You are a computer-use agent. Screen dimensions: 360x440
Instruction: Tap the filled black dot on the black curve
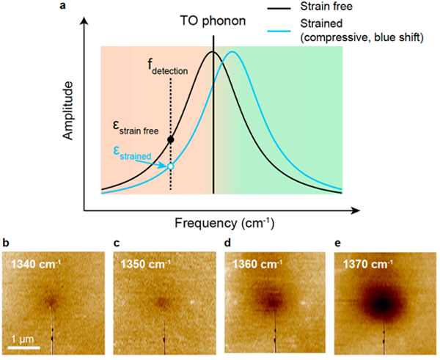(171, 139)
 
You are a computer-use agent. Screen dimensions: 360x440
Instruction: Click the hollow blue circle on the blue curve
(171, 166)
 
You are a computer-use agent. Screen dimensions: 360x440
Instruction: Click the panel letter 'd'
(228, 243)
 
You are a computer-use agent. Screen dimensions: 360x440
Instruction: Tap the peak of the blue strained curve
(232, 52)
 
